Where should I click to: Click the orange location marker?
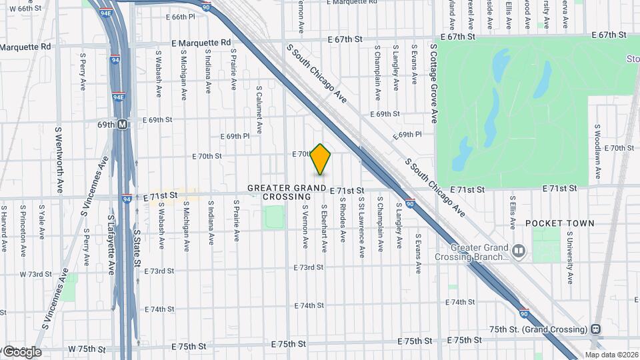(x=321, y=159)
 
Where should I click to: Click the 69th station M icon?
(x=122, y=124)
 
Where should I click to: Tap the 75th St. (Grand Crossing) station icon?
(x=595, y=329)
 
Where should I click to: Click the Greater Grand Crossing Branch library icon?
(x=519, y=251)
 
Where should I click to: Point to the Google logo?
(x=21, y=351)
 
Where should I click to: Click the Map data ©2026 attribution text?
(x=611, y=355)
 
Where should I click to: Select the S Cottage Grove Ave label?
(x=433, y=84)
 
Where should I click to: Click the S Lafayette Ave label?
(x=111, y=245)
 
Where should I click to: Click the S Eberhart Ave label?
(x=324, y=228)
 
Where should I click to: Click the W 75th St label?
(x=87, y=349)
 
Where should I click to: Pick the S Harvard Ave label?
(x=4, y=228)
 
